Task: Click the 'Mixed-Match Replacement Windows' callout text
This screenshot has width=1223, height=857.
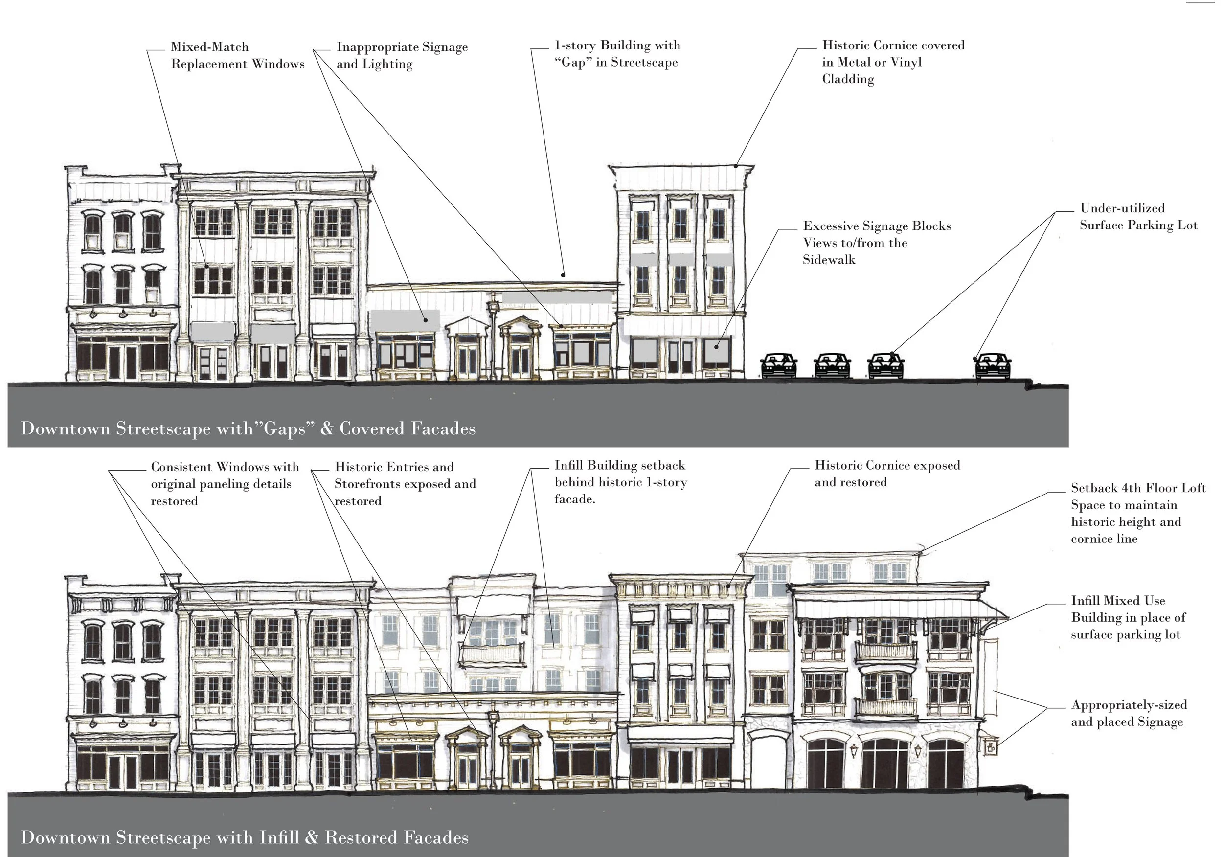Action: (x=238, y=55)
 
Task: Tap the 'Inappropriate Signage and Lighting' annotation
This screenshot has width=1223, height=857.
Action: (x=402, y=55)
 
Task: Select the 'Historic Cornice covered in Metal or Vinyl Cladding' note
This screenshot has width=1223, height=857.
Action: (x=893, y=62)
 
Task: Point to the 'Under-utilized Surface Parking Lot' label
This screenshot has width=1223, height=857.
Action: (x=1138, y=217)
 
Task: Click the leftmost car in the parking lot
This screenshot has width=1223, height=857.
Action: (x=779, y=365)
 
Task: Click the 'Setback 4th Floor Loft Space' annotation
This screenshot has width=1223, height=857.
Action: (x=1138, y=513)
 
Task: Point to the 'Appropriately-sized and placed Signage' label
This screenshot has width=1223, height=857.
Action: (x=1129, y=713)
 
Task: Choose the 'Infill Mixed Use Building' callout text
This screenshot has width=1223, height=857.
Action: (x=1128, y=617)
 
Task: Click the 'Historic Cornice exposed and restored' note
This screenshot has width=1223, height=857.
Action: (x=887, y=474)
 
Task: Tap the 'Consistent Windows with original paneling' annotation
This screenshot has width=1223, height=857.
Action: (x=225, y=484)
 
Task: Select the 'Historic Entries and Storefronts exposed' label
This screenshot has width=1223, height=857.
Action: (x=405, y=484)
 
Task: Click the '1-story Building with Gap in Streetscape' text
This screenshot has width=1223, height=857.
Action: (x=617, y=54)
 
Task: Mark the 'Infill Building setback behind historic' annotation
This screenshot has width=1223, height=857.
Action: (x=621, y=482)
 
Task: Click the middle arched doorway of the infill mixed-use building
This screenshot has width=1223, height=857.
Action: (x=885, y=763)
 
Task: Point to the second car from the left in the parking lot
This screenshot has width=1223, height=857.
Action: (x=832, y=365)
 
